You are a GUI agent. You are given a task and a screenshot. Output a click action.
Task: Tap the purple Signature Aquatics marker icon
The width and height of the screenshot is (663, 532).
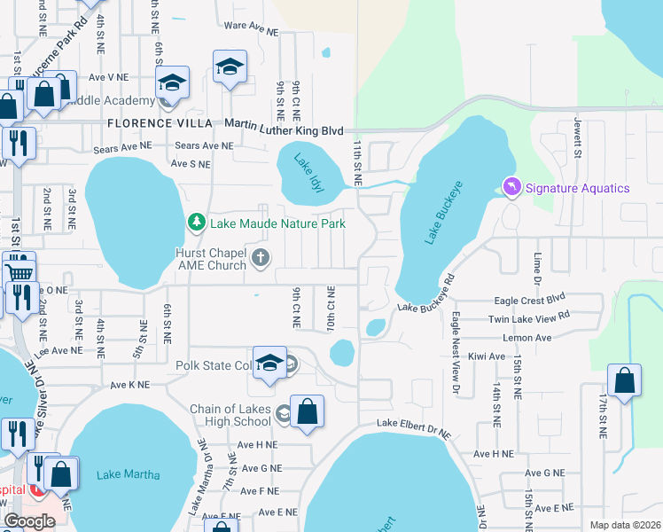(511, 187)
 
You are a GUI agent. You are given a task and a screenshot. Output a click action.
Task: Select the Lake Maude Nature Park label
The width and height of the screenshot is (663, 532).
(277, 223)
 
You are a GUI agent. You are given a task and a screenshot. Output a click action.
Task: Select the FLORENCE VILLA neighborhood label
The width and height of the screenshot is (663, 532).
(160, 122)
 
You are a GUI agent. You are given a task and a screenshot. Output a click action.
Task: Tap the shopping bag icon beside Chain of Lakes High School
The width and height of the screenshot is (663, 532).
(307, 411)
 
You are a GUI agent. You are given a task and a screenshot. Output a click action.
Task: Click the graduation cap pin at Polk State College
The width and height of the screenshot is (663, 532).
(270, 364)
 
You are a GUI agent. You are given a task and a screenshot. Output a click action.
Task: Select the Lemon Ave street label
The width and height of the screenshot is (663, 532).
(526, 338)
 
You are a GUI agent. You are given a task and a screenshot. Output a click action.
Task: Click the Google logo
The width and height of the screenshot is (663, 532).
(29, 521)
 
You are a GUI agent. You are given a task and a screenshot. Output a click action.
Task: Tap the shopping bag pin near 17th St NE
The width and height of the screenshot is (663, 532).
(625, 381)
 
